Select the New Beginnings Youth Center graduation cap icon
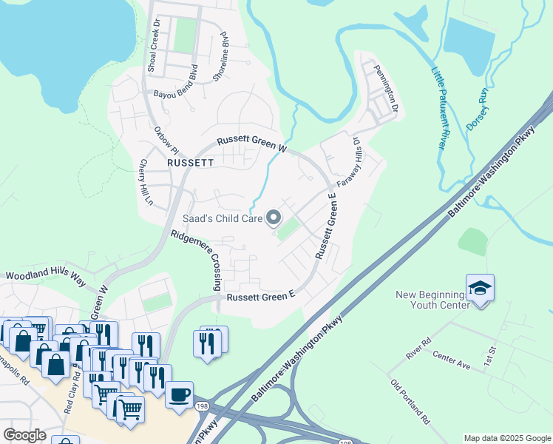click(x=480, y=288)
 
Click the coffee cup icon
click(x=179, y=394)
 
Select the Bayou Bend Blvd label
click(x=176, y=86)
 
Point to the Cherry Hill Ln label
click(x=145, y=182)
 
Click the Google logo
click(x=24, y=435)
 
